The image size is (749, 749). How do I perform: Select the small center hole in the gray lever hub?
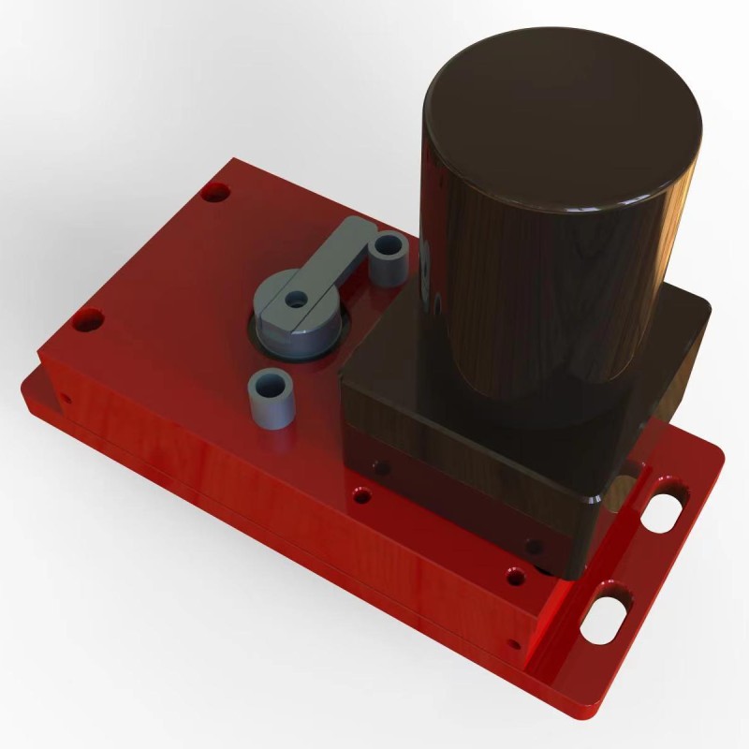click(297, 301)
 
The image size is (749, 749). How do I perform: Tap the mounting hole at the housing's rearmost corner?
click(215, 193)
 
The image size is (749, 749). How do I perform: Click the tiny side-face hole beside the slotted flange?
click(512, 643)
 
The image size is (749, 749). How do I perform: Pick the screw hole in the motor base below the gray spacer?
click(379, 464)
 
